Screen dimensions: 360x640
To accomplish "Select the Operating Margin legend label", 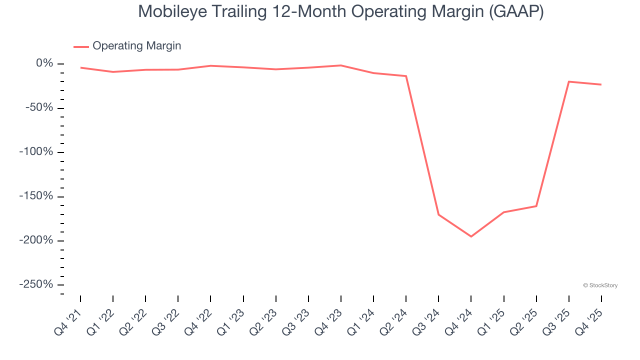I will (136, 46).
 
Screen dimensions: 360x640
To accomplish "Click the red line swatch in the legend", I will (81, 46).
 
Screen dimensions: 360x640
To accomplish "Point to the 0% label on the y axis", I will (44, 63).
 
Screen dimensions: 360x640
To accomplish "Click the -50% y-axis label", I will (40, 108).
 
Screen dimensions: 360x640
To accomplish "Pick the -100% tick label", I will (36, 152).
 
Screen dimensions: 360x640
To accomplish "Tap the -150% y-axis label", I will (36, 196).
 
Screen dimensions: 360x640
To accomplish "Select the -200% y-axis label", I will (36, 240).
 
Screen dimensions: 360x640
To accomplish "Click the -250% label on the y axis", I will (36, 284).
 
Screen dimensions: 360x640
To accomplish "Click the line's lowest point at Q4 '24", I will (471, 236).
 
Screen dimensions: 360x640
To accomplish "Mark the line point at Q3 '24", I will (438, 215).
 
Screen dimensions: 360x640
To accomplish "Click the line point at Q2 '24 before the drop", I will (406, 76).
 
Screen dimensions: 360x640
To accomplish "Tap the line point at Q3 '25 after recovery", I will (568, 81).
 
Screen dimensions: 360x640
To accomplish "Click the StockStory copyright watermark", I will (600, 285).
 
